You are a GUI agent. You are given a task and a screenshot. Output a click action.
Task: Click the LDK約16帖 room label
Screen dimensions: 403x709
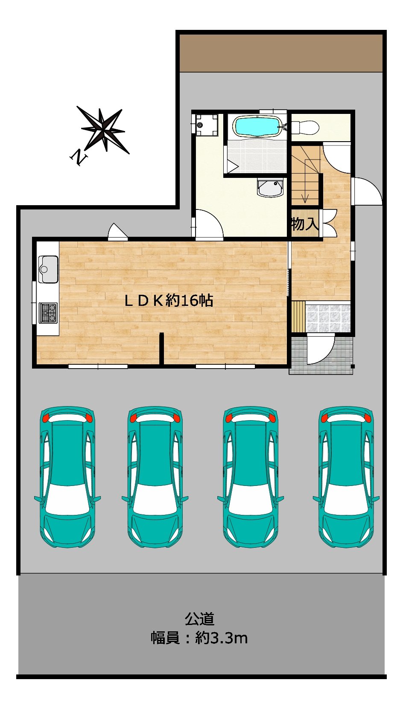(169, 300)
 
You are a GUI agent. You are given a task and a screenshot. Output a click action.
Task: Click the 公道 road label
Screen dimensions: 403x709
(200, 619)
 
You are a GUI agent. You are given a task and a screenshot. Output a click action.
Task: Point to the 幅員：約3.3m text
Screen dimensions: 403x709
(199, 638)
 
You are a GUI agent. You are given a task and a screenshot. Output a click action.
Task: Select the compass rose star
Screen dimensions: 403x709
(103, 129)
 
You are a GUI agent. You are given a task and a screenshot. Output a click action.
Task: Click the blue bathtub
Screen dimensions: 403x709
(257, 126)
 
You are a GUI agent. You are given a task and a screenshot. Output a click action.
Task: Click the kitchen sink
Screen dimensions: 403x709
(48, 269)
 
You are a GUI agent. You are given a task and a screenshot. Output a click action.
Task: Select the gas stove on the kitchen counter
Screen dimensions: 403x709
(48, 313)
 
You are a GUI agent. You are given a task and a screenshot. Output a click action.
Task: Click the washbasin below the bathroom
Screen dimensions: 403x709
(270, 188)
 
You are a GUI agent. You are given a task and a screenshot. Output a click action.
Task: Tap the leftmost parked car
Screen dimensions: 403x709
(67, 477)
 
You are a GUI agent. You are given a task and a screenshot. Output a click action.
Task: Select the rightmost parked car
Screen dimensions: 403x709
(346, 477)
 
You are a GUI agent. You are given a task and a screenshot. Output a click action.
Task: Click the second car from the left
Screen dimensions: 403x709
(155, 477)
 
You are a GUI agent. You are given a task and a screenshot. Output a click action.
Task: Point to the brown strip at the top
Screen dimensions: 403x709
(281, 53)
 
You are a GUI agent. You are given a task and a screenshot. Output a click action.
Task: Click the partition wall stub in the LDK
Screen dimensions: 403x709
(161, 349)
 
